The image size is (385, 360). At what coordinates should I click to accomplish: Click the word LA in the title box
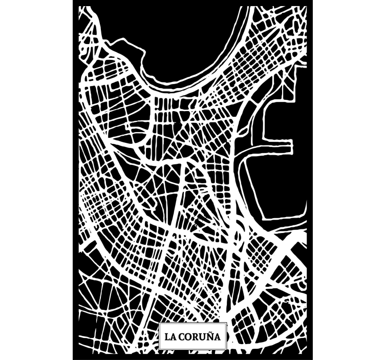170,337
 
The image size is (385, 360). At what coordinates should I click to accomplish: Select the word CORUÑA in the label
199,337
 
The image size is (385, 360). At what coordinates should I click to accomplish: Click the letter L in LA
167,337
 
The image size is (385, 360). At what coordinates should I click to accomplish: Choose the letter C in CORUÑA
181,337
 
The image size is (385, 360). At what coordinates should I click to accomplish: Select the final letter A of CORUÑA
217,337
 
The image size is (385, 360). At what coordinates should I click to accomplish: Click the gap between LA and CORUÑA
177,337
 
